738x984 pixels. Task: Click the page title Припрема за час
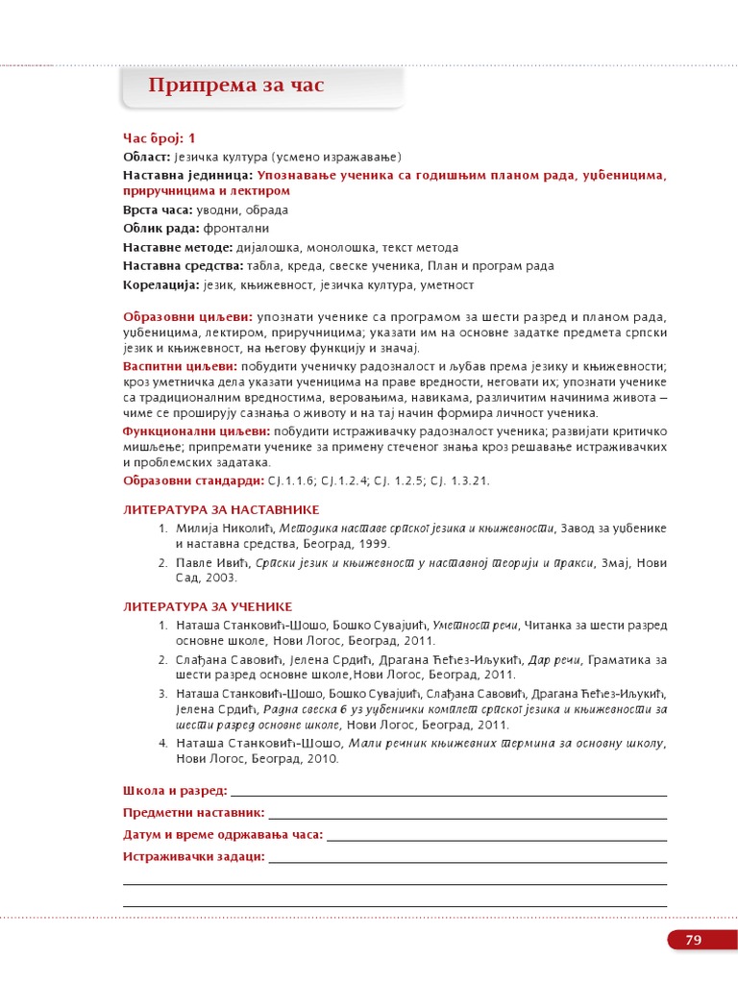236,86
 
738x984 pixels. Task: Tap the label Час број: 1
159,138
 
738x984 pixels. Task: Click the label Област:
147,157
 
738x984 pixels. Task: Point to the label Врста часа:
158,209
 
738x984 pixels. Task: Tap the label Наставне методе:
178,247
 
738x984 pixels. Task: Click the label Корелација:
161,284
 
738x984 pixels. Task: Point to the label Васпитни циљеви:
181,367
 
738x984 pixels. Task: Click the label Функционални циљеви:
196,430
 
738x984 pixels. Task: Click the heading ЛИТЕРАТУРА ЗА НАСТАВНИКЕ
221,509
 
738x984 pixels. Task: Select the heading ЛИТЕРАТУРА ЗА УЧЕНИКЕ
208,606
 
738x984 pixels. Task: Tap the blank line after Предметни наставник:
467,813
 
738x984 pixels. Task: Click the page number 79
694,940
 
